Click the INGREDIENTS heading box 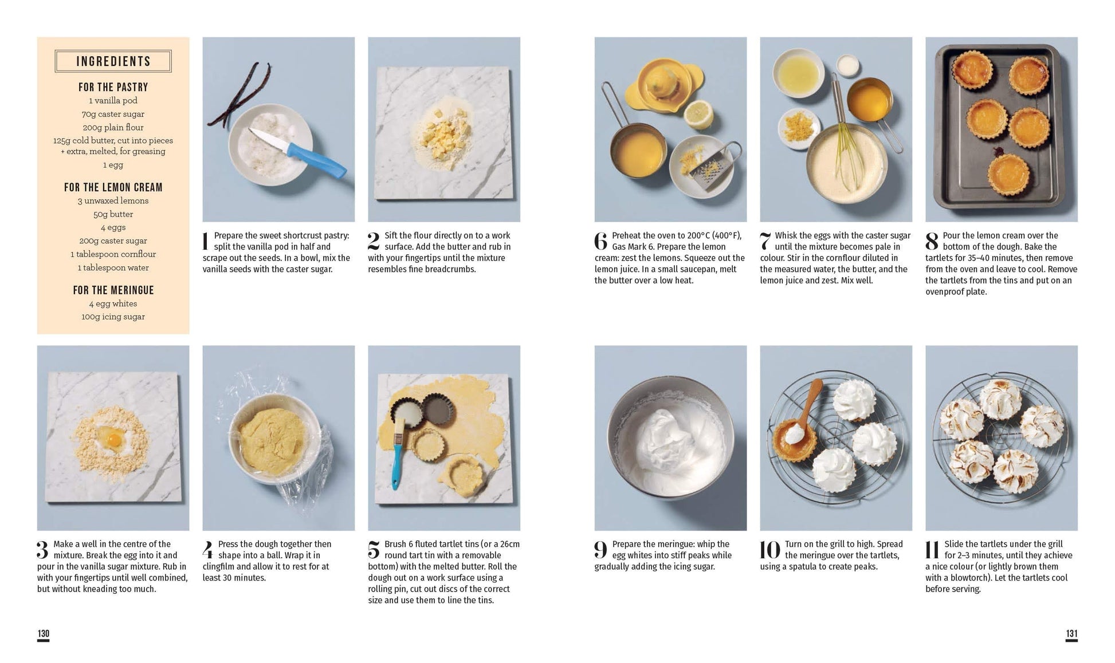click(x=113, y=61)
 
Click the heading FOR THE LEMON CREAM click(x=113, y=187)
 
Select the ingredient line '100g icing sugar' click(x=113, y=317)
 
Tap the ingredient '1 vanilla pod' click(x=113, y=100)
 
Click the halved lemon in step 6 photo click(x=698, y=114)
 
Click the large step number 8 click(x=932, y=241)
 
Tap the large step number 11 click(x=933, y=550)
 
